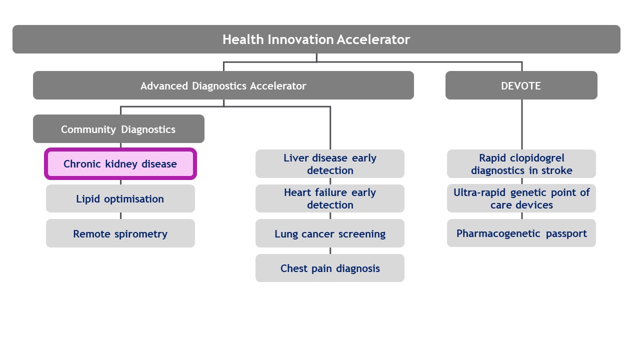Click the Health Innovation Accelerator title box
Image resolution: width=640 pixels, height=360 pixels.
tap(316, 39)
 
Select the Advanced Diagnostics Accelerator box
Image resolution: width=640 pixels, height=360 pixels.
tap(223, 85)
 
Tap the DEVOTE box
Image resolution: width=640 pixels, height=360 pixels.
tap(521, 85)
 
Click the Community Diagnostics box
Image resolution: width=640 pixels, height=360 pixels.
tap(118, 129)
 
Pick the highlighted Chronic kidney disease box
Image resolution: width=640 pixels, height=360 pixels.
tap(120, 164)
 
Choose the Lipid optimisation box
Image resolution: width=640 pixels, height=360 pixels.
tap(120, 199)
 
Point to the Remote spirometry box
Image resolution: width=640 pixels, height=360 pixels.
tap(120, 233)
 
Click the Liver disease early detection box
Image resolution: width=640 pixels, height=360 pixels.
tap(329, 164)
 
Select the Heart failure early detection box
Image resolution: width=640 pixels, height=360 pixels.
tap(329, 198)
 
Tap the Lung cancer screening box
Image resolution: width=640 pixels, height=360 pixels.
tap(329, 233)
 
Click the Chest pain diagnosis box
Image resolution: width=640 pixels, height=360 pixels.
tap(329, 268)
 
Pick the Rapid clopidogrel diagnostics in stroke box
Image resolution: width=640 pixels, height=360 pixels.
tap(521, 164)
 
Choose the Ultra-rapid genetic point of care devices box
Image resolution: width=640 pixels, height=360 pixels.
tap(521, 198)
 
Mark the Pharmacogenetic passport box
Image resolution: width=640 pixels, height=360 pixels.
tap(521, 233)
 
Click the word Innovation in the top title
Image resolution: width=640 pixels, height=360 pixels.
tap(301, 39)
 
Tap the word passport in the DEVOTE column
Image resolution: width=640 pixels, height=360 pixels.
tap(564, 233)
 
